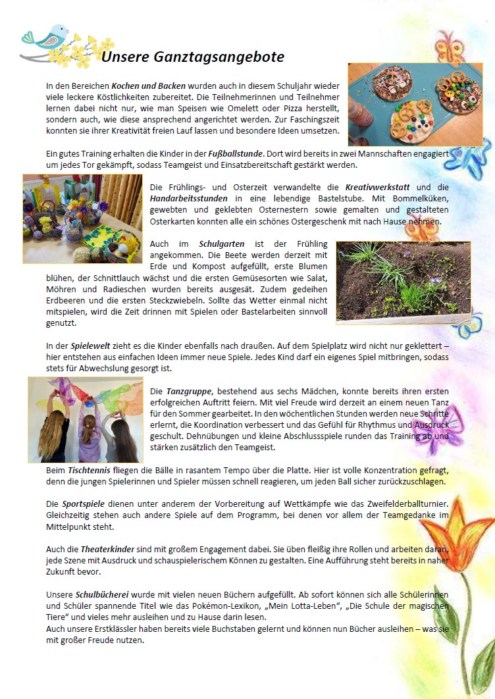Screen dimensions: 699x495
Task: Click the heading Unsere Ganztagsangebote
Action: click(x=193, y=57)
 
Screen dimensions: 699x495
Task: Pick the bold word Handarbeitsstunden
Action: click(x=189, y=198)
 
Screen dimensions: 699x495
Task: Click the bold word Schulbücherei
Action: click(x=105, y=594)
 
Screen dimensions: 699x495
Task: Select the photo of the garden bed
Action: click(x=403, y=283)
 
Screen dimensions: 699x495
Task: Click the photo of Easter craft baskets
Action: click(x=82, y=219)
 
